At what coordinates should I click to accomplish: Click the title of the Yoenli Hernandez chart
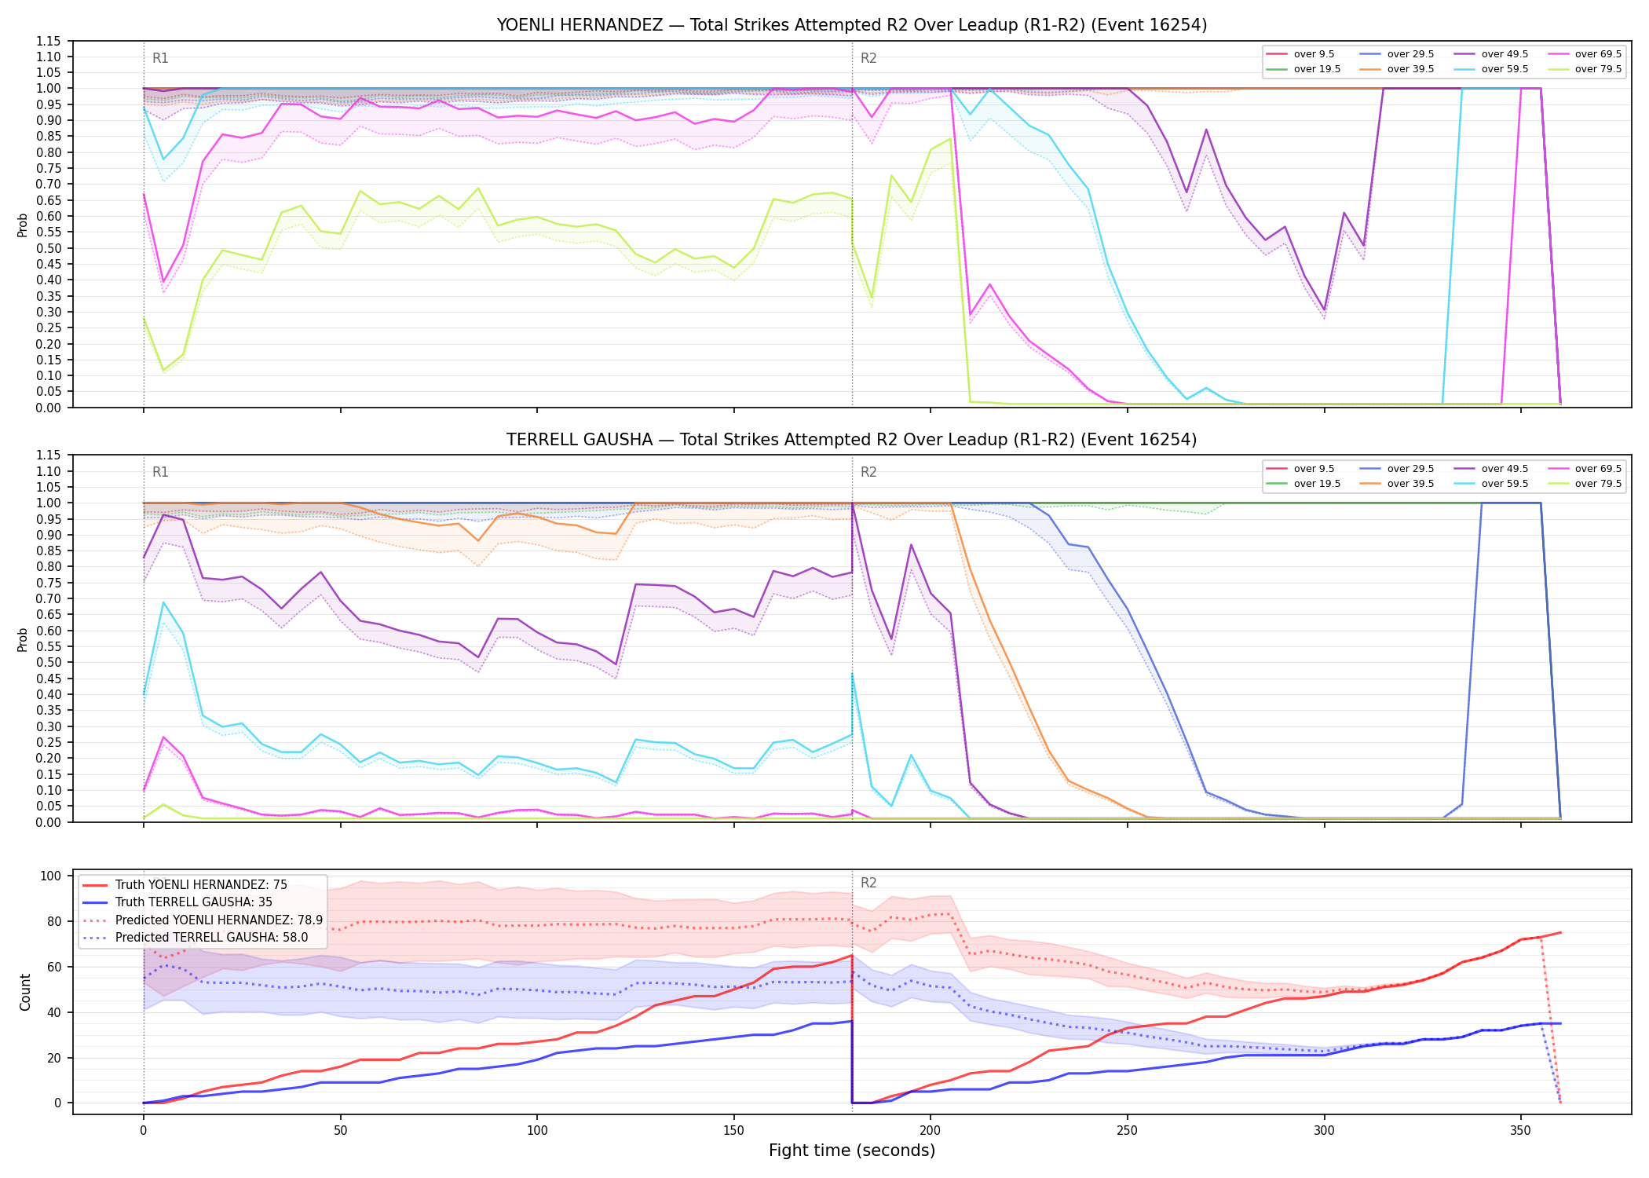coord(852,25)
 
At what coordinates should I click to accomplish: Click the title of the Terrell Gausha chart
coord(852,440)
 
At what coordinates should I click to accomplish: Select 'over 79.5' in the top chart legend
coord(1598,69)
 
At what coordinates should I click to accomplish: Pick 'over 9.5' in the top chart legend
coord(1314,54)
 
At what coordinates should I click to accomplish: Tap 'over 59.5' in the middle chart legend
coord(1505,484)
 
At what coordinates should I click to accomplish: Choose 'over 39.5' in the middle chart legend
coord(1410,484)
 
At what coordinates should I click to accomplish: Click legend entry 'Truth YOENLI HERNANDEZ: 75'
coord(201,885)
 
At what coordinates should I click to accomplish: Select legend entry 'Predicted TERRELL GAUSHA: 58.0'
coord(211,938)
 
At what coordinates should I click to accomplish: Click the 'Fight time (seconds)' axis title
coord(852,1151)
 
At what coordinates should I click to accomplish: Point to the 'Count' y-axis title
coord(25,992)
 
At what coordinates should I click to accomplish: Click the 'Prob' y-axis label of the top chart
coord(23,225)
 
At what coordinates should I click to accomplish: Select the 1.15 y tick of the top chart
coord(49,41)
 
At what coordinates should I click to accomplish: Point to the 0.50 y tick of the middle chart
coord(49,663)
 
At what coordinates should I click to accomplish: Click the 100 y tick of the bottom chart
coord(52,876)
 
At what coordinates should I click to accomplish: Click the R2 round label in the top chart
coord(868,58)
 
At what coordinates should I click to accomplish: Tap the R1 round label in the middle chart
coord(160,472)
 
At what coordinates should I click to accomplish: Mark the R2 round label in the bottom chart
coord(868,883)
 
